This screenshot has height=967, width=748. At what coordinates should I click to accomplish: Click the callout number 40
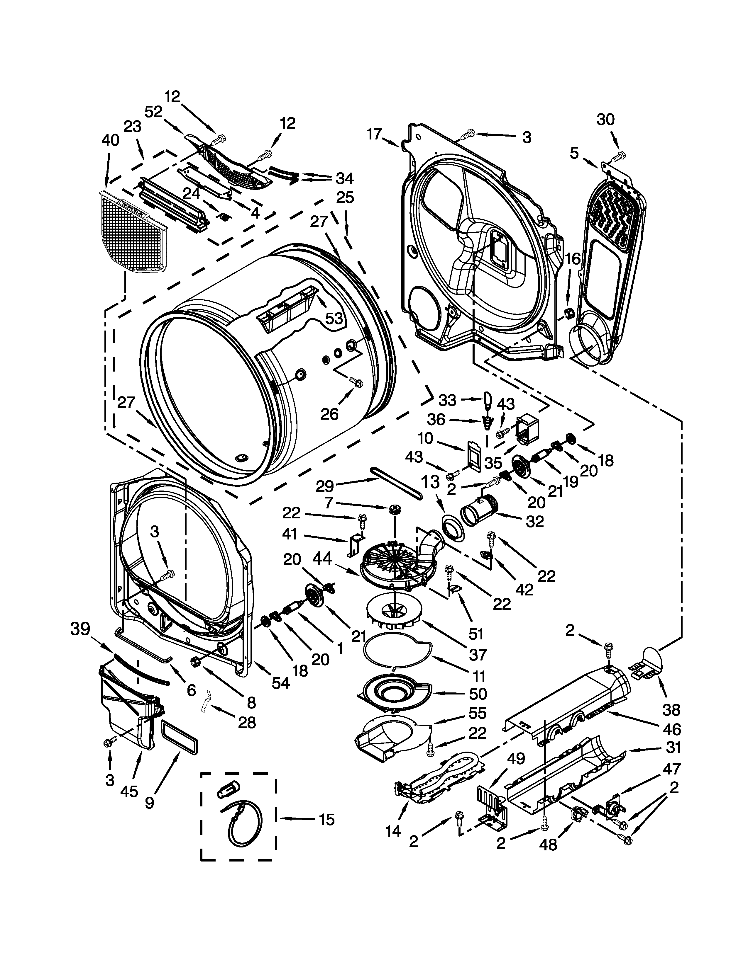click(110, 141)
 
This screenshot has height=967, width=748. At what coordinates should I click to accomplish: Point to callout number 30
click(606, 120)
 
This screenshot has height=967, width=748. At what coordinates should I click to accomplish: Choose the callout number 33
click(447, 400)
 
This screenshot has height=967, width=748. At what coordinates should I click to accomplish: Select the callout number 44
click(322, 559)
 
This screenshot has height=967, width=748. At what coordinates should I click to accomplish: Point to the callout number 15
click(326, 820)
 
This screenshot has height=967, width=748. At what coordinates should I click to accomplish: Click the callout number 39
click(80, 629)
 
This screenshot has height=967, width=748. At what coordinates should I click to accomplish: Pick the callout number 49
click(516, 758)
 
